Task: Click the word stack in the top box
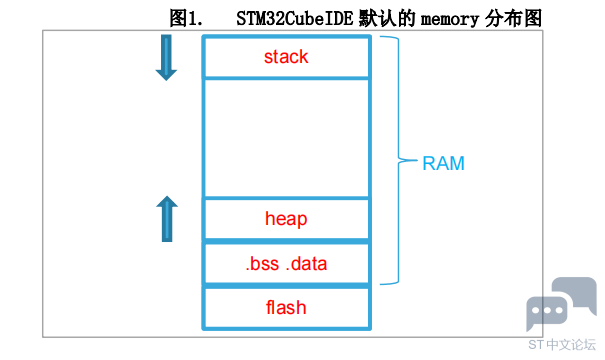286,57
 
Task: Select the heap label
286,219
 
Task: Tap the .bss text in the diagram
262,264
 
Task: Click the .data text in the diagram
306,264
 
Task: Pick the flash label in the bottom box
286,308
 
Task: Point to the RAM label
443,163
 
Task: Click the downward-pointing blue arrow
166,57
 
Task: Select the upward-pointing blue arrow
167,219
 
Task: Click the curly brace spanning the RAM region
399,160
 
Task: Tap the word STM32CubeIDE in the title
294,18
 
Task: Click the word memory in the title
450,19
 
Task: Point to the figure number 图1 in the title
185,18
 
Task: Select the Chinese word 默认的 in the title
387,18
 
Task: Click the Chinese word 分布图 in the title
513,18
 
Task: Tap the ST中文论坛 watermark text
562,345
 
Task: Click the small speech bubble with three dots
547,311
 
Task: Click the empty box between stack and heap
286,139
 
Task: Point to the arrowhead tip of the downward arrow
166,80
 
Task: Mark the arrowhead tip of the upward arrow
167,196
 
